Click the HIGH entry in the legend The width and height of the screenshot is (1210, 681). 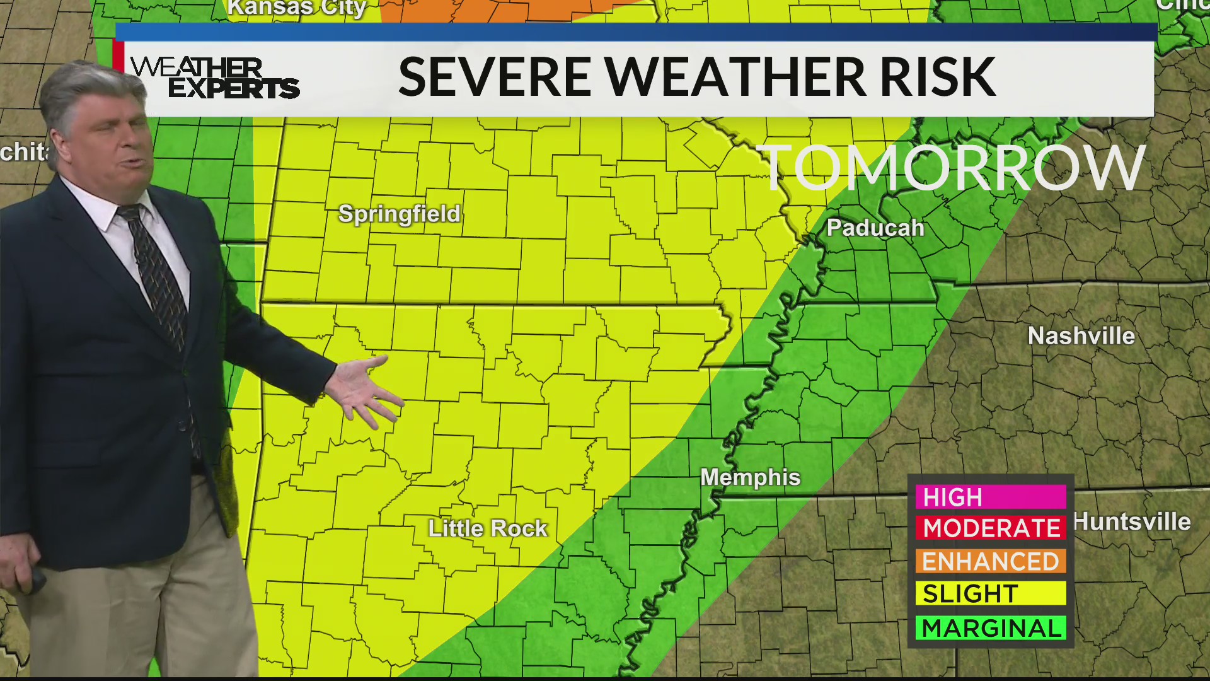point(990,497)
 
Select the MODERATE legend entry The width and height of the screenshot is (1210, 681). point(990,528)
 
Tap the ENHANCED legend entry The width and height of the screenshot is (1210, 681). point(990,561)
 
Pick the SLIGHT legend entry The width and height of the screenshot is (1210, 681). point(990,593)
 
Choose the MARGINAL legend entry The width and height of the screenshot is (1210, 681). point(990,628)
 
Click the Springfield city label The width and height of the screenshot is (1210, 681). point(400,214)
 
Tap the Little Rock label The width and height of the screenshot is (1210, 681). point(488,528)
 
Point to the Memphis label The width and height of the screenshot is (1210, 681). point(751,477)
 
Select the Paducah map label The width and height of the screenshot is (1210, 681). point(875,228)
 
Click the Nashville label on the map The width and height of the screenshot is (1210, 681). point(1081,336)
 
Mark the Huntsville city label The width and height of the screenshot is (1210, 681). point(1132,522)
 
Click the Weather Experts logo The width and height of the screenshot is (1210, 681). point(214,78)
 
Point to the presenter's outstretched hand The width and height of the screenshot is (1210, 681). point(366,391)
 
